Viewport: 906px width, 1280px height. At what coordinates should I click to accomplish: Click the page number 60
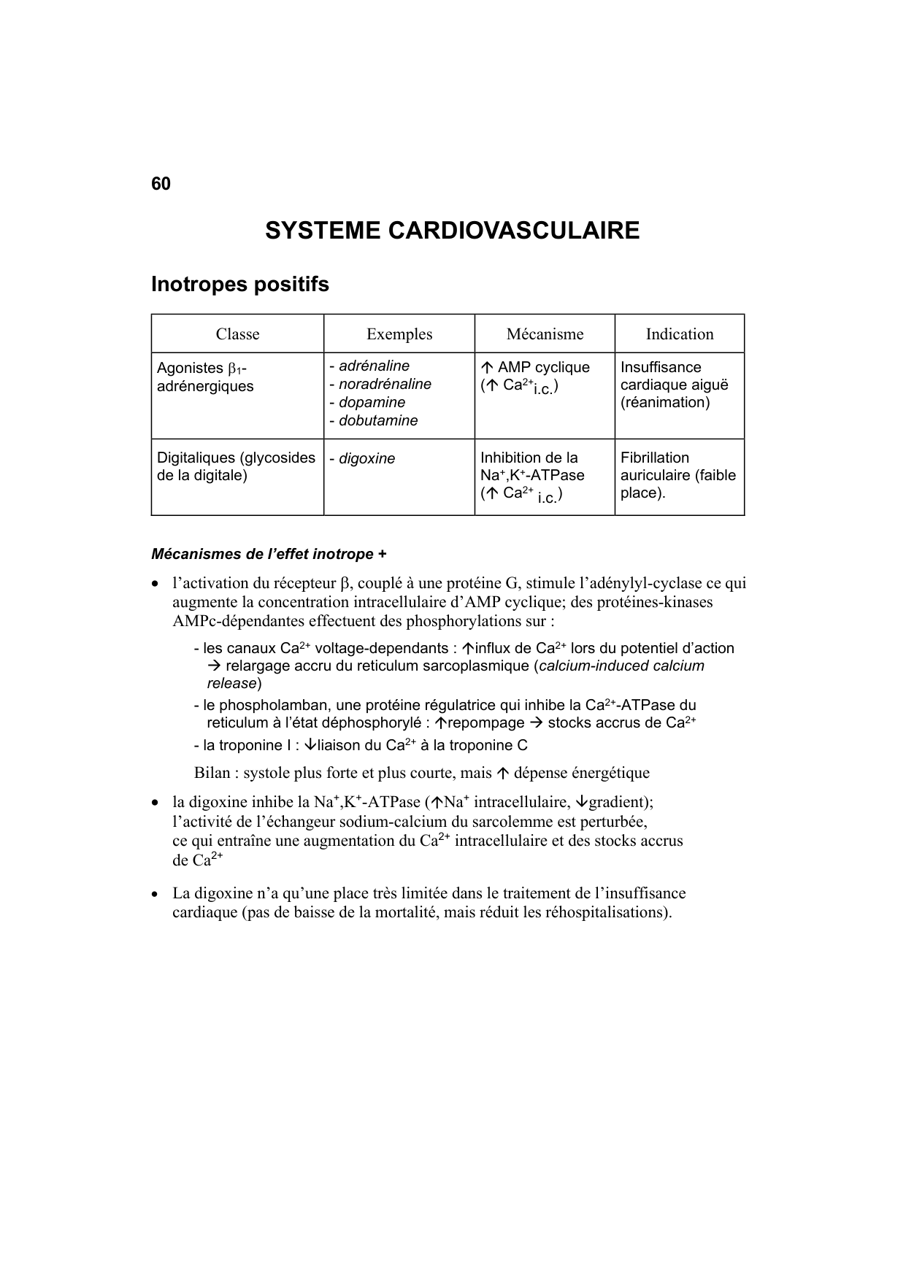point(161,184)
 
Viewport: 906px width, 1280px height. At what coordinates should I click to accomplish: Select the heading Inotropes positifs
point(239,284)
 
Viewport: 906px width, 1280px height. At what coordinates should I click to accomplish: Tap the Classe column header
point(237,334)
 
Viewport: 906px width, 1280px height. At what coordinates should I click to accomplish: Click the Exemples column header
point(399,334)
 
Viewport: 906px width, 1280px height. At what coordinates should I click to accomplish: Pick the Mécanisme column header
point(545,334)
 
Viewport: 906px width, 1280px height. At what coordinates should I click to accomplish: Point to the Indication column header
point(679,334)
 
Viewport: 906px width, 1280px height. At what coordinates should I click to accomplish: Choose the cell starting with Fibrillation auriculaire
point(677,475)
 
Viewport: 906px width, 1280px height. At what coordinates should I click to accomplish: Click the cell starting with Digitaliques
point(236,466)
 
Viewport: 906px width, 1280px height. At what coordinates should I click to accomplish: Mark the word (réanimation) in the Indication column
point(664,403)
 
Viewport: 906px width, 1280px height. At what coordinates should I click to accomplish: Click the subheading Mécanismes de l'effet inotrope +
point(269,554)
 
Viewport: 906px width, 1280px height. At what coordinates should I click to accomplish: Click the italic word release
point(231,684)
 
